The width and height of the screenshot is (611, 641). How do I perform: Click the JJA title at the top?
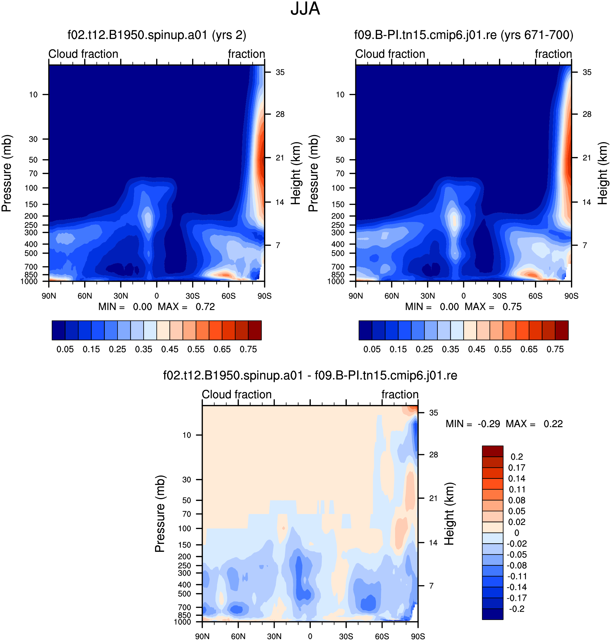click(305, 9)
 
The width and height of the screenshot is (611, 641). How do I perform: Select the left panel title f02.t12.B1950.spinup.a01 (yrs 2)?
click(157, 35)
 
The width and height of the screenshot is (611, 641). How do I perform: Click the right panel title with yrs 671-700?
click(464, 35)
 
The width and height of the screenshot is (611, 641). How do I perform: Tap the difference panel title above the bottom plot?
click(310, 376)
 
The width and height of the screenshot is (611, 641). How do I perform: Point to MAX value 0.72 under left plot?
click(205, 307)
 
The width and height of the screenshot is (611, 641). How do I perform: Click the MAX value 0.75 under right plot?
click(512, 307)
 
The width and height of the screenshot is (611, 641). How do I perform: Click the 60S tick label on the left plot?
click(228, 296)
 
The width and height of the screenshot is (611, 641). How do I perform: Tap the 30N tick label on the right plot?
click(428, 296)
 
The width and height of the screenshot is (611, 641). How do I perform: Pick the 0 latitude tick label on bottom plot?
click(310, 636)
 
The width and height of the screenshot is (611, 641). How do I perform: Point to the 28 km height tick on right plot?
click(587, 114)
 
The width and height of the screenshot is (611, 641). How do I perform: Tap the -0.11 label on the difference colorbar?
click(517, 576)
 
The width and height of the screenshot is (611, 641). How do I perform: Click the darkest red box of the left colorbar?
click(255, 331)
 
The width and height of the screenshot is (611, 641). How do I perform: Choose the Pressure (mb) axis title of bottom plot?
click(160, 514)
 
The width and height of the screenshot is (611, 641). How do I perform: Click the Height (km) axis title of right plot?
click(603, 173)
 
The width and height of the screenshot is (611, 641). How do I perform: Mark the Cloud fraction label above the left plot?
click(83, 54)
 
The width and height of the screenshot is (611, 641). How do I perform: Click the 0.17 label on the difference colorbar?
click(517, 468)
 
